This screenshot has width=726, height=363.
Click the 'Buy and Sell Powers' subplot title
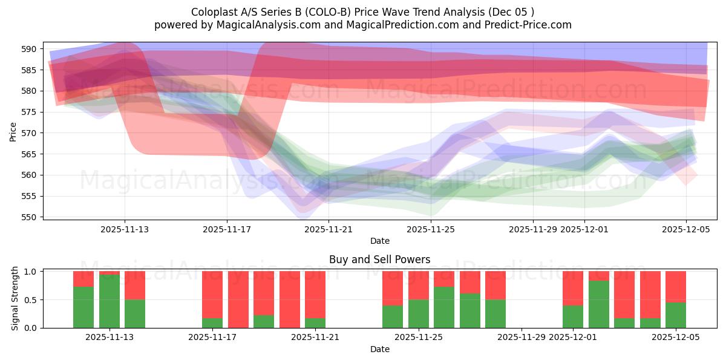coord(379,260)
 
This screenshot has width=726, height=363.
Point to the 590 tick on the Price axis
coord(32,49)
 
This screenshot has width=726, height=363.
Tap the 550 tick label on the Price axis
coord(32,217)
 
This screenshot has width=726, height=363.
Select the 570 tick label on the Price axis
coord(32,133)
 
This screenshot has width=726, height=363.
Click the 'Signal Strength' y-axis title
coord(15,299)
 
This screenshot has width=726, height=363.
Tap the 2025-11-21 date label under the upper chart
coord(329,229)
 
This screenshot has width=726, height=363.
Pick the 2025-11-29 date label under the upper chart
coord(533,229)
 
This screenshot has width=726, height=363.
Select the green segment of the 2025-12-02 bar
coord(599,304)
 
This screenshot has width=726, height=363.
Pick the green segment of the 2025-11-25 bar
coord(419,313)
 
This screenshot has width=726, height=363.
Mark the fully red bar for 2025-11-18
coord(238,299)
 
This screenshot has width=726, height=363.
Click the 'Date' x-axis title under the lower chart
coord(379,349)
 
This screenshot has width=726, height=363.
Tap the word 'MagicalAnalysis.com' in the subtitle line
coord(247,25)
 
